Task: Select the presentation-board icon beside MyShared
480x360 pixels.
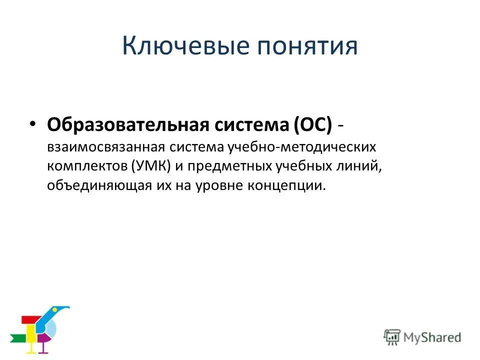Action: (x=391, y=336)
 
